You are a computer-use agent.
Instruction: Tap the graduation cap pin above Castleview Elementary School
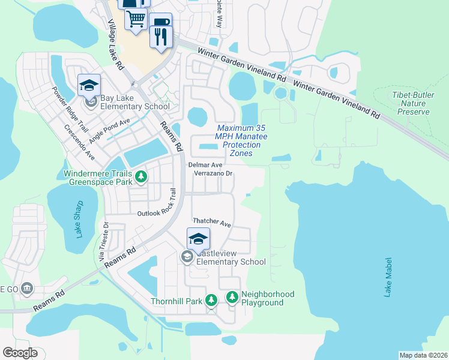pos(199,239)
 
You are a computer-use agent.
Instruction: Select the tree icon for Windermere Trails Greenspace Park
pos(141,176)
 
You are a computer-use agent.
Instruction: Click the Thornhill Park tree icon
pos(211,300)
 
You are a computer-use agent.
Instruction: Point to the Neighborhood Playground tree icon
pos(232,297)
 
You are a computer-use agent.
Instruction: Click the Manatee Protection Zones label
pos(241,141)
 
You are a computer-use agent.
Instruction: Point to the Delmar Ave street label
pos(205,164)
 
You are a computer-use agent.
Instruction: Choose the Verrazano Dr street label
pos(212,173)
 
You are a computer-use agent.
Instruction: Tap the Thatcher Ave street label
pos(211,223)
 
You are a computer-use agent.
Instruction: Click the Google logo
pos(20,353)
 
